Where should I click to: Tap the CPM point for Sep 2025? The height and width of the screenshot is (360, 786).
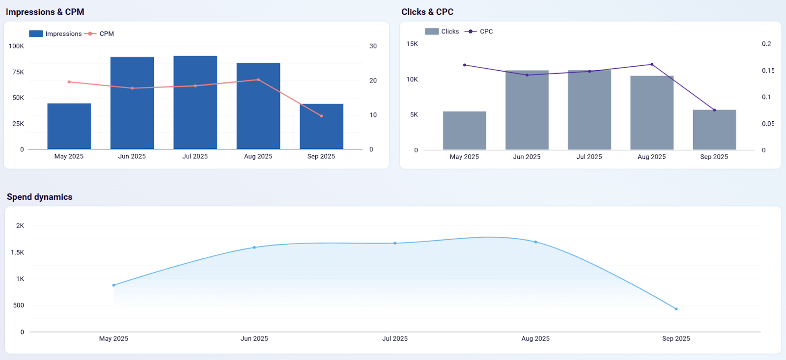pos(321,116)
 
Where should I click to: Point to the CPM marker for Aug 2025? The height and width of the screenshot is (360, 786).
pos(258,80)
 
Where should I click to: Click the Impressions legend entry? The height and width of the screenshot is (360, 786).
pos(56,34)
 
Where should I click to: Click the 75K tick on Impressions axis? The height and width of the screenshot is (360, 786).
pos(18,72)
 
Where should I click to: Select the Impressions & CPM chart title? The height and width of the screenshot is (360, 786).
pos(45,12)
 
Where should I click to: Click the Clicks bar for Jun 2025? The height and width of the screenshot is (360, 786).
pos(527,110)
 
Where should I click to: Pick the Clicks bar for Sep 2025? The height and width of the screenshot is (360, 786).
pos(714,130)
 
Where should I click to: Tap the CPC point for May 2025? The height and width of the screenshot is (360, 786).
pos(465,65)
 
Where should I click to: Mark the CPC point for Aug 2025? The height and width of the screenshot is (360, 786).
pos(652,64)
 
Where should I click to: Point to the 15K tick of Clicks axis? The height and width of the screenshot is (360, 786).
pos(412,44)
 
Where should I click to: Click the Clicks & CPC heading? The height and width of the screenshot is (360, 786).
pos(427,12)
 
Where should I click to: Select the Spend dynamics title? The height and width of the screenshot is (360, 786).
pos(39,197)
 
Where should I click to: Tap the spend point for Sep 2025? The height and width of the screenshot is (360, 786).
pos(676,309)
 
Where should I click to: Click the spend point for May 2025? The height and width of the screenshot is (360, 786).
pos(113,285)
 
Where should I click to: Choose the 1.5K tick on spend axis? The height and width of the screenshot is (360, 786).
pos(18,252)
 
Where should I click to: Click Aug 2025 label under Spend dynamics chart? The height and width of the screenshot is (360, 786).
pos(535,338)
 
